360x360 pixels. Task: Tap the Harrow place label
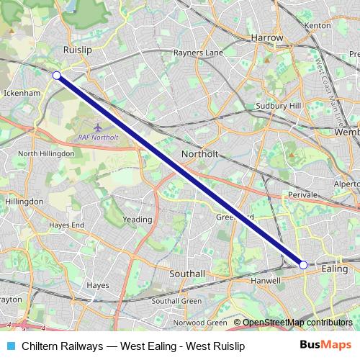click(x=266, y=37)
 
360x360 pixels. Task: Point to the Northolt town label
click(x=199, y=154)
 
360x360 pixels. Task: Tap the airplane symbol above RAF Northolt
click(x=97, y=127)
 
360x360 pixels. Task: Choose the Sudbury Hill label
click(x=277, y=105)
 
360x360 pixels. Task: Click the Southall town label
click(x=187, y=274)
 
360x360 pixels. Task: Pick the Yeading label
click(x=137, y=220)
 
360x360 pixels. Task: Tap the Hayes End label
click(x=67, y=225)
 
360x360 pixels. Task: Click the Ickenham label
click(x=22, y=92)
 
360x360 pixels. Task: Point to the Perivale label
click(x=300, y=195)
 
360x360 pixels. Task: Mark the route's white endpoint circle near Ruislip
click(x=56, y=75)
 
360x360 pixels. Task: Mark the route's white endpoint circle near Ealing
click(x=303, y=265)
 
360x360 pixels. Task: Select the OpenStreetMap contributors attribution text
click(x=292, y=323)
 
